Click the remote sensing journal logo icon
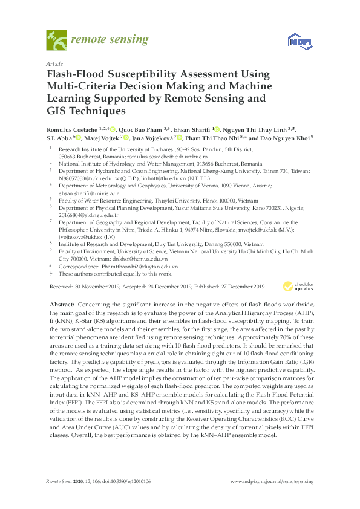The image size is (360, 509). pos(57,41)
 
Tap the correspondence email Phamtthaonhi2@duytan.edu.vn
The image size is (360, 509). pos(139,267)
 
